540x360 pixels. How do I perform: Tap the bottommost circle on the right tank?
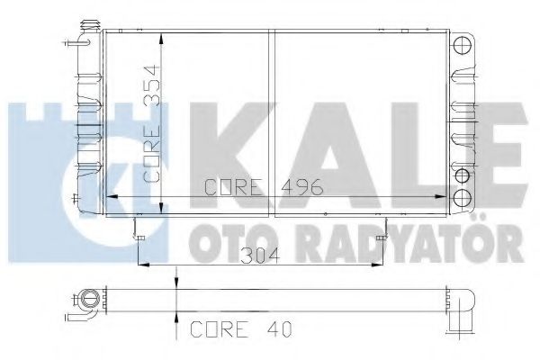click(463, 197)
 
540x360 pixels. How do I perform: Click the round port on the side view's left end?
click(89, 297)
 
